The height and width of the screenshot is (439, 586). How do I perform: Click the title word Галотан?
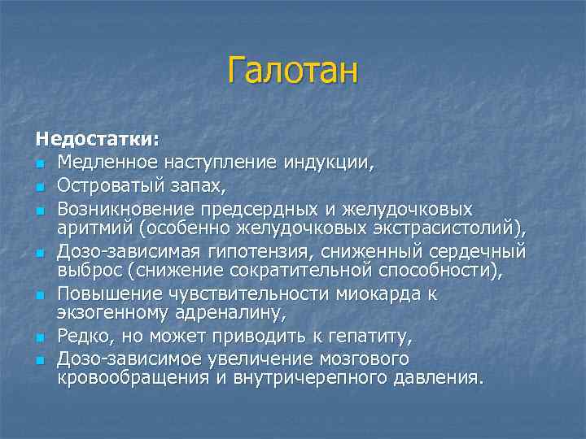[x=292, y=70]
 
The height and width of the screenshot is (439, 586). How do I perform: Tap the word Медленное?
[x=98, y=160]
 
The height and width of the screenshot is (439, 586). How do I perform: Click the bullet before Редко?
[x=40, y=337]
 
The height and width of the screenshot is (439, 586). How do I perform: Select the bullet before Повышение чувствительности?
[x=40, y=294]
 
